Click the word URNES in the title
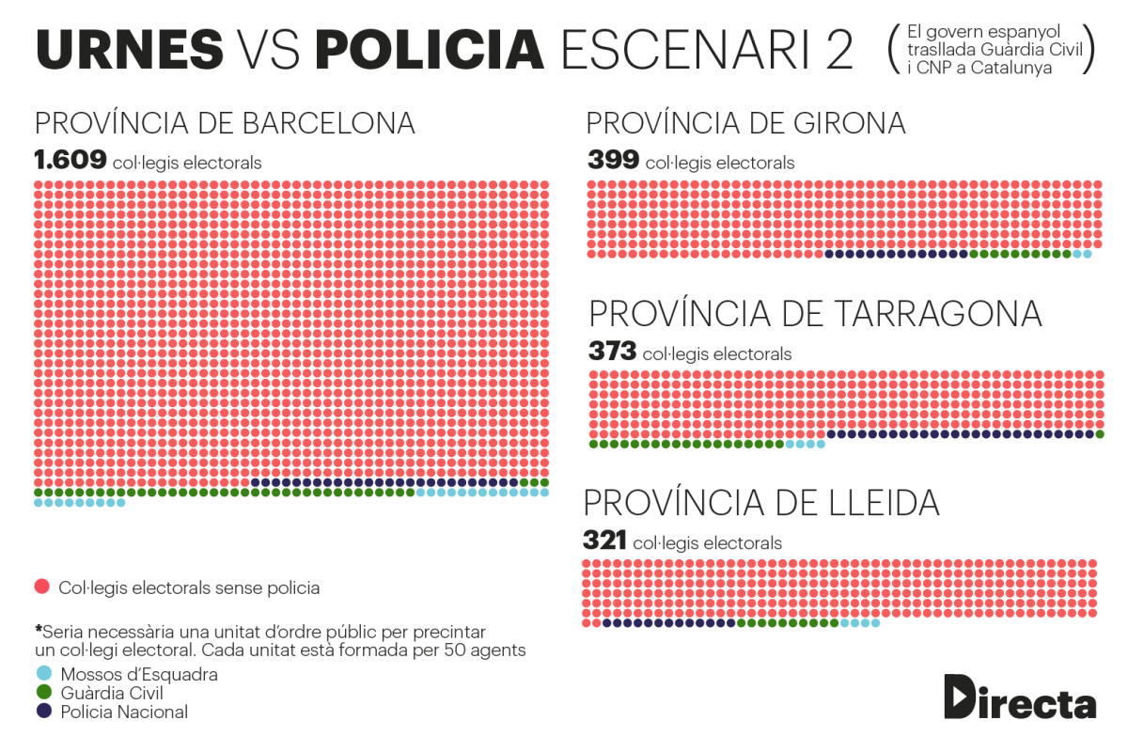click(130, 50)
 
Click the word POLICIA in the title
click(430, 50)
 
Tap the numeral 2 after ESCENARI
click(839, 50)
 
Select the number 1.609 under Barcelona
click(70, 160)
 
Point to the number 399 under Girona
click(613, 160)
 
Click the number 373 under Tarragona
click(612, 351)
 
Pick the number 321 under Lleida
click(604, 540)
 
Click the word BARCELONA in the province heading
click(328, 123)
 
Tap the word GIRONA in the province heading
click(849, 123)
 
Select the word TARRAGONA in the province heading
click(939, 313)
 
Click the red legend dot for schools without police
click(42, 587)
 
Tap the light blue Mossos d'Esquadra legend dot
click(44, 673)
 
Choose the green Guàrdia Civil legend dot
click(44, 692)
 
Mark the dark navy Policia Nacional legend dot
click(44, 711)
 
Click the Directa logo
click(1020, 697)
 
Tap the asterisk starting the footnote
click(39, 629)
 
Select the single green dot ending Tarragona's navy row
click(1100, 434)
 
